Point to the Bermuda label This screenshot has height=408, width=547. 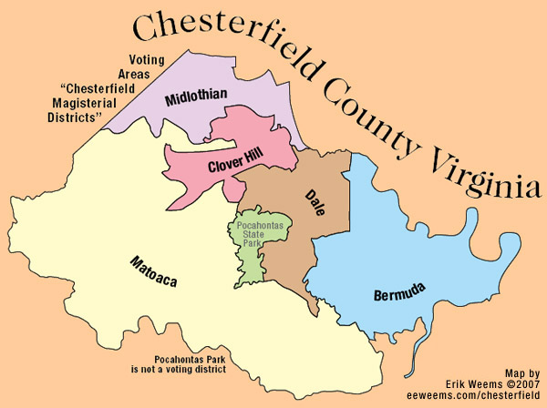click(x=401, y=294)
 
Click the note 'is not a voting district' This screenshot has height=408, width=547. click(x=179, y=372)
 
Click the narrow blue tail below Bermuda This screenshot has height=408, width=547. click(x=416, y=351)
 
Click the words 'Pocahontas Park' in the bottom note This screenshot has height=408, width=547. click(x=178, y=361)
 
